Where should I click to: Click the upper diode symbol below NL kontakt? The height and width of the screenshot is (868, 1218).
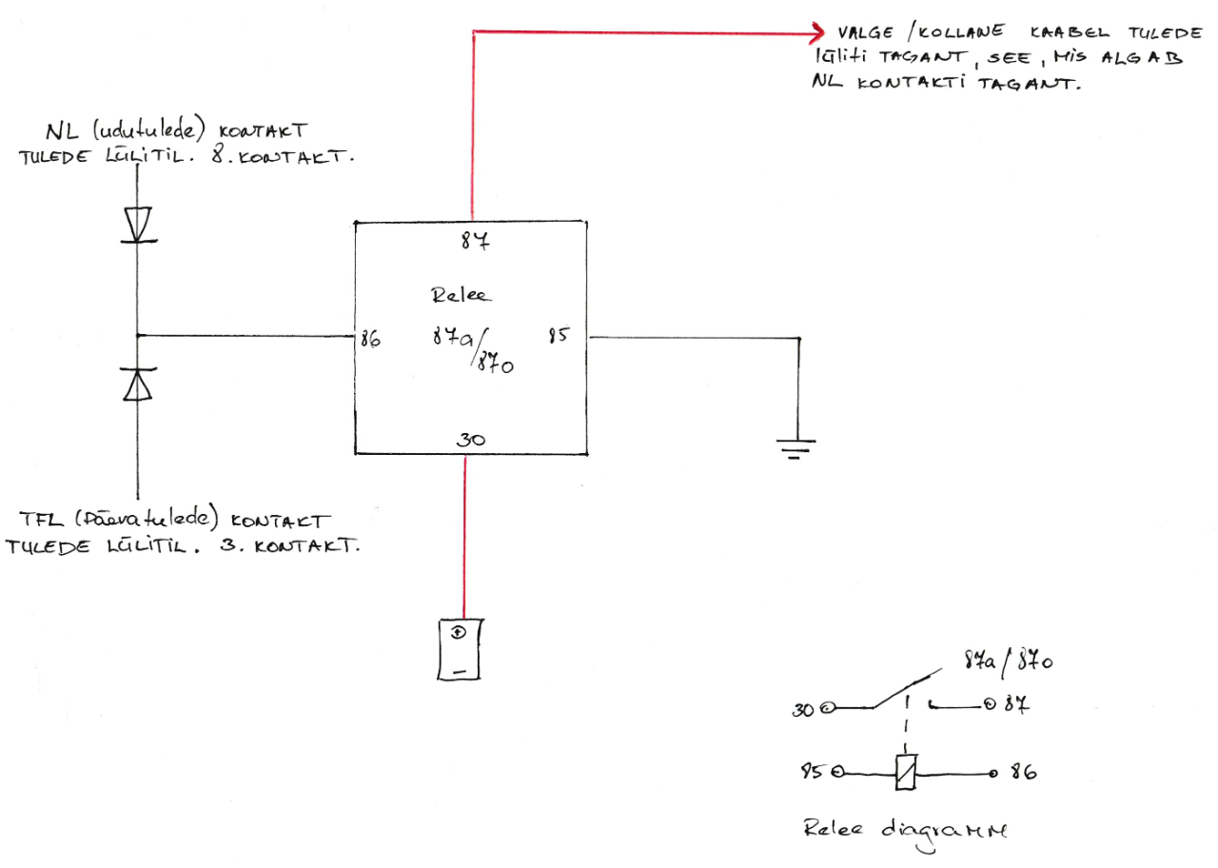pos(139,225)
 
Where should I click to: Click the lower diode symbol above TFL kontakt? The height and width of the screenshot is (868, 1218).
pos(139,384)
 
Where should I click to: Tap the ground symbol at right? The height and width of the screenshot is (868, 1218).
pos(797,445)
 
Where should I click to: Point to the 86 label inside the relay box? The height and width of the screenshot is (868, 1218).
pos(370,338)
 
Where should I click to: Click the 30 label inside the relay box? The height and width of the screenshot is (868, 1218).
pos(470,440)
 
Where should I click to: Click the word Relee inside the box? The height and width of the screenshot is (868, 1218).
pos(462,295)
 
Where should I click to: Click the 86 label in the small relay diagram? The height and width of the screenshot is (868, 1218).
pos(1022,772)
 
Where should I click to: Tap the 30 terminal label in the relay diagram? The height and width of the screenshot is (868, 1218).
pos(805,709)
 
